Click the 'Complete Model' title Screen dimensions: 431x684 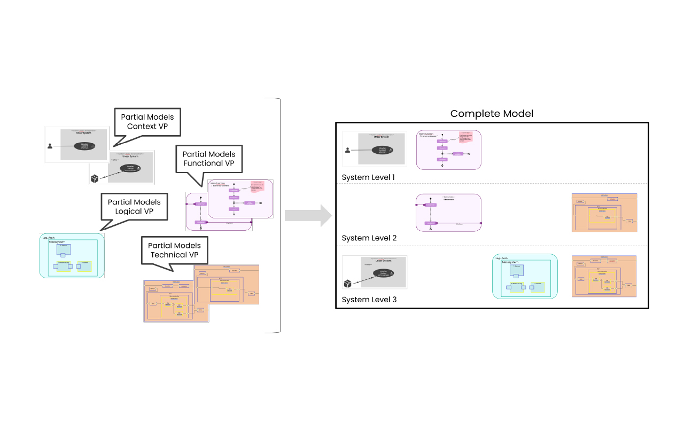pos(492,113)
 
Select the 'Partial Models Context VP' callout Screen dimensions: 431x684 pos(147,122)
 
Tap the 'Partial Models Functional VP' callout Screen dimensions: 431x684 pos(208,159)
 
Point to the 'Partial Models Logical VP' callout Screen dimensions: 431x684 pos(134,207)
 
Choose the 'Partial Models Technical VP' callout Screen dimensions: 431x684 pos(174,250)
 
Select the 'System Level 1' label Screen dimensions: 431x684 pos(369,177)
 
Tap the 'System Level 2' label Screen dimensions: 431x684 pos(369,238)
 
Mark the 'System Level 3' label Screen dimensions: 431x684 pos(369,299)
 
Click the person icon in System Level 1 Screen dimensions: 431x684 pos(348,150)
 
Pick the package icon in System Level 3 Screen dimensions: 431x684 pos(348,283)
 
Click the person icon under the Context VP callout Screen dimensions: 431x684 pos(50,145)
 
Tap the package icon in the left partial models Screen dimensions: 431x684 pos(95,178)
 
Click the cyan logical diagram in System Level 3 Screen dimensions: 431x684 pos(525,276)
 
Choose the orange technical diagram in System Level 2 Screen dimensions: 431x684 pos(604,213)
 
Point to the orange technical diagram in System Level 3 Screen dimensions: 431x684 pos(604,276)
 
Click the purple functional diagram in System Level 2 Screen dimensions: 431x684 pos(448,213)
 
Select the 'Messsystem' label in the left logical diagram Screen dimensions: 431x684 pos(57,242)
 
